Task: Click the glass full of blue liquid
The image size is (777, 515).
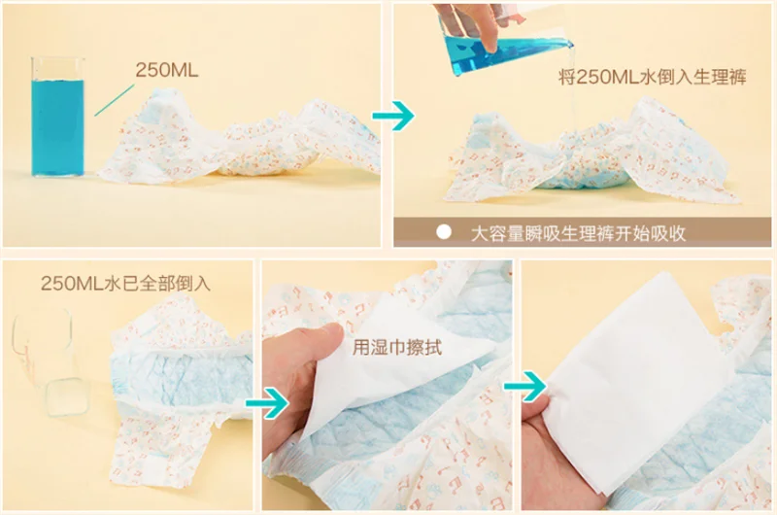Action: click(57, 117)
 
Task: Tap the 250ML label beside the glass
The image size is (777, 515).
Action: click(167, 70)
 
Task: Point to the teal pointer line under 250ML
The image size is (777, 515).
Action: click(114, 100)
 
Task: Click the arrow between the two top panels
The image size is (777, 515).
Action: click(393, 116)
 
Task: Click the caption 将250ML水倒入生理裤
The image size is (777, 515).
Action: click(652, 78)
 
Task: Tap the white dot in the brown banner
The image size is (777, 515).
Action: click(444, 232)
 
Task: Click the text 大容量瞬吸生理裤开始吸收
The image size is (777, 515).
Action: click(578, 233)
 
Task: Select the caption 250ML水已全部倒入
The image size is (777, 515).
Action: click(125, 283)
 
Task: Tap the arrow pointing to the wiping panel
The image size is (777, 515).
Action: click(268, 403)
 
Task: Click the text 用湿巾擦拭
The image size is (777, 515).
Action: click(396, 347)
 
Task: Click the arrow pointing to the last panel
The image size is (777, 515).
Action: click(525, 386)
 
